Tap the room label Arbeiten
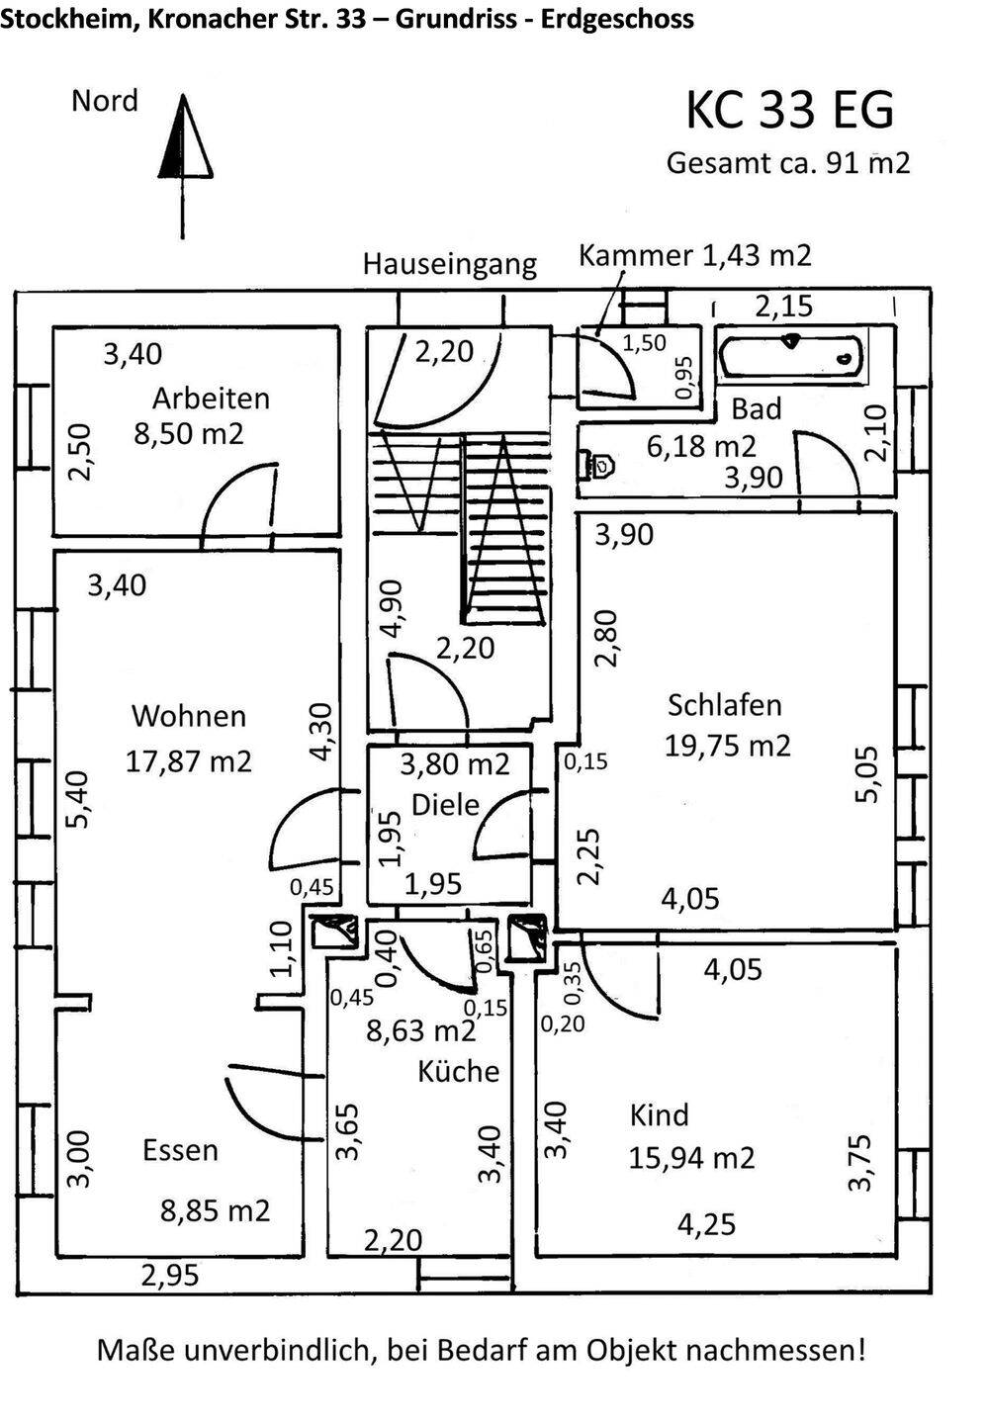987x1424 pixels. point(211,399)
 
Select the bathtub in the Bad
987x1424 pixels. point(790,357)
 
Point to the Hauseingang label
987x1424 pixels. point(449,264)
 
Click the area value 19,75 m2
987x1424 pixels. point(727,746)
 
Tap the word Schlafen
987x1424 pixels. point(724,705)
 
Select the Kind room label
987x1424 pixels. point(659,1115)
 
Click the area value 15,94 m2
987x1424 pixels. point(691,1157)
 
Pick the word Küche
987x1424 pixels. point(458,1072)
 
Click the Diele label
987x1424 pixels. point(445,805)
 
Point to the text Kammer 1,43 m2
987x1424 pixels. point(694,256)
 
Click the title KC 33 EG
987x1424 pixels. point(789,110)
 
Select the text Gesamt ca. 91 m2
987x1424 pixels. point(787,163)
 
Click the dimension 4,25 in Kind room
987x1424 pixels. point(706,1225)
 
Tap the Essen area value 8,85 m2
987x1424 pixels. point(215,1211)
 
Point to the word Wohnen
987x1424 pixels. point(188,716)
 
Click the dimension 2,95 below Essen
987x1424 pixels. point(170,1276)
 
